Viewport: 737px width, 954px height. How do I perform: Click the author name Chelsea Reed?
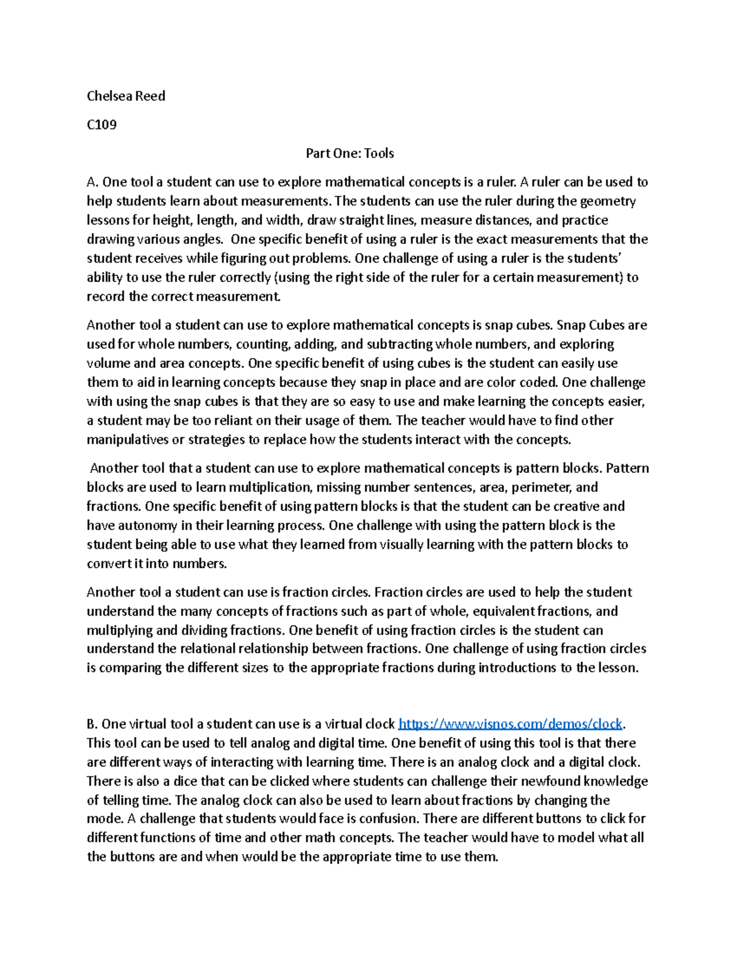[126, 96]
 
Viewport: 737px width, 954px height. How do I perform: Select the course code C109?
[101, 125]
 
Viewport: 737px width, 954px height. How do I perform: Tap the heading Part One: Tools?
[349, 154]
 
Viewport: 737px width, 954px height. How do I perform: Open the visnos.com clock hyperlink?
[510, 724]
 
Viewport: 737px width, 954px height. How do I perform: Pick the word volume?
[106, 363]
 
